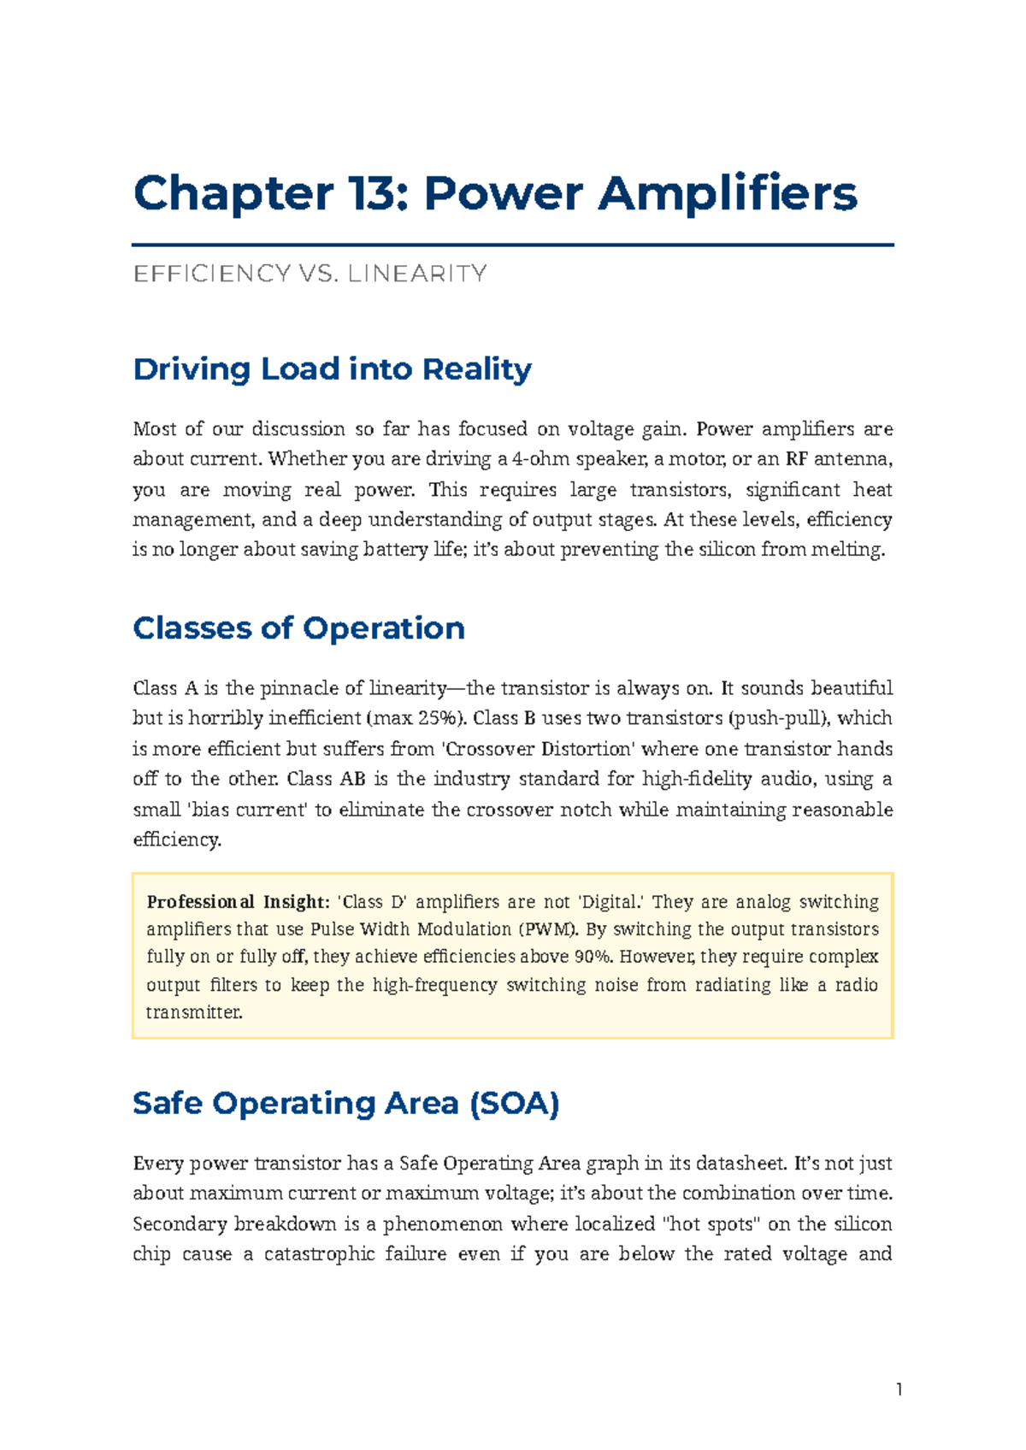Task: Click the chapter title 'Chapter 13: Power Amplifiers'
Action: tap(495, 193)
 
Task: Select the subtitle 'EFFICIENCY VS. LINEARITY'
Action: tap(310, 274)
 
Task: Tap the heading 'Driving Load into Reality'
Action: tap(332, 369)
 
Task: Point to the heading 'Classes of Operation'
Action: tap(298, 628)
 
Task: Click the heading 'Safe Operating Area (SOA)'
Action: tap(345, 1103)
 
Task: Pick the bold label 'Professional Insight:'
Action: tap(237, 902)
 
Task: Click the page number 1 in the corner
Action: tap(899, 1390)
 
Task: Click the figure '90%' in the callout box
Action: tap(593, 957)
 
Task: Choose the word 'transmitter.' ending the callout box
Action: tap(194, 1012)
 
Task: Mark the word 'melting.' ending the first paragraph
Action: tap(852, 550)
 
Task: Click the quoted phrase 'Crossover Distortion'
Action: tap(540, 749)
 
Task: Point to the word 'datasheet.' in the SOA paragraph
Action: tap(742, 1164)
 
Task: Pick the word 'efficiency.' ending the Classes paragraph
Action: tap(177, 840)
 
